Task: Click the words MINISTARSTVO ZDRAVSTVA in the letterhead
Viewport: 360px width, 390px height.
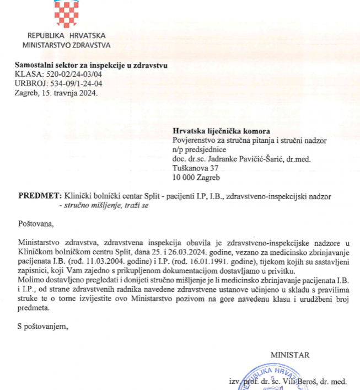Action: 66,45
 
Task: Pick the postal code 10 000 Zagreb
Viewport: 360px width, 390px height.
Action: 196,178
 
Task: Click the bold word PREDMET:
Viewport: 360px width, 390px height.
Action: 38,196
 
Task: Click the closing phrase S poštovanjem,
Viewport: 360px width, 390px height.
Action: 42,327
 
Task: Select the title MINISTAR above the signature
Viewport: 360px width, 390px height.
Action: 289,355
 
